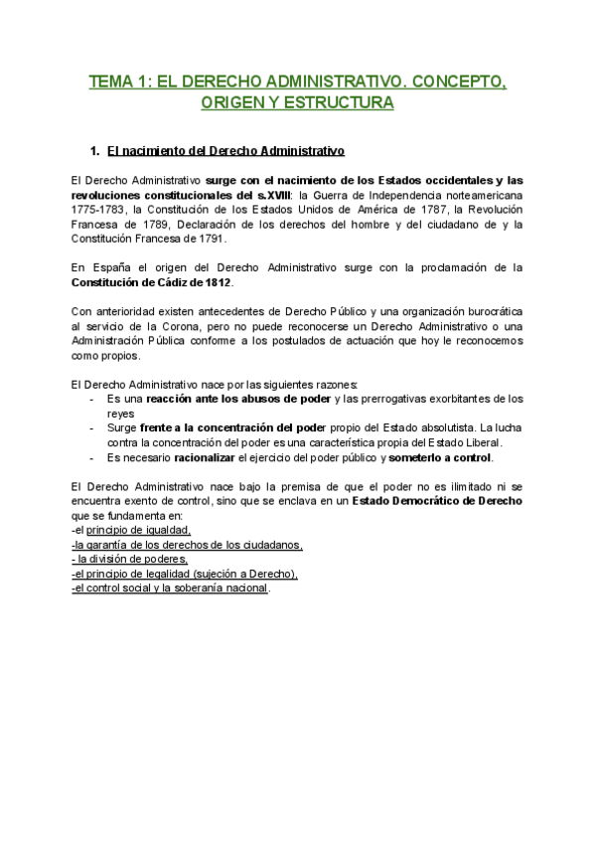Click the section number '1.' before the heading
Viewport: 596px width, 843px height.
[x=95, y=152]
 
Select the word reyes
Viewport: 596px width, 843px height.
[x=121, y=414]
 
